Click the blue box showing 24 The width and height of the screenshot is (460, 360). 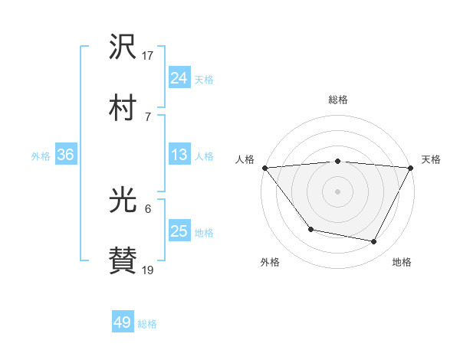coord(179,78)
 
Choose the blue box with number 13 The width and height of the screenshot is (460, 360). coord(179,155)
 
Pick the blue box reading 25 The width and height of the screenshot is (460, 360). coord(179,232)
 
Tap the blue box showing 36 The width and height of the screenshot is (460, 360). coord(66,155)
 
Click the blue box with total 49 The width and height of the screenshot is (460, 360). coord(123,322)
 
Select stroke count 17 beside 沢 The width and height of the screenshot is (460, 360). coord(148,55)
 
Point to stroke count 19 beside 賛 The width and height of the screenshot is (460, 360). coord(148,270)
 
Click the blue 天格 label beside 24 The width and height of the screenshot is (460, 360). coord(204,80)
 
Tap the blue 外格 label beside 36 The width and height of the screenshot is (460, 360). coord(41,156)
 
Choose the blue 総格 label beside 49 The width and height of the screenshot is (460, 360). coord(148,324)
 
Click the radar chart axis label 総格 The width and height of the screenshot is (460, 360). coord(338,100)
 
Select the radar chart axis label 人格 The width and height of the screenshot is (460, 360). coord(245,159)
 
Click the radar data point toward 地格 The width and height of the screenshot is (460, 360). coord(374,242)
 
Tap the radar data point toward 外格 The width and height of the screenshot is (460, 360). coord(310,229)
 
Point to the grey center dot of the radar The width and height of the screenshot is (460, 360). coord(338,191)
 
